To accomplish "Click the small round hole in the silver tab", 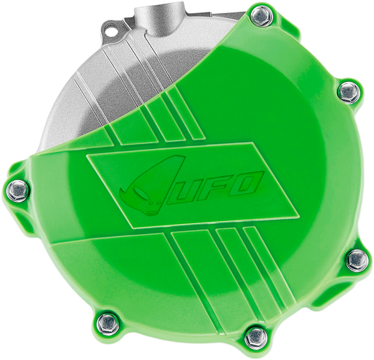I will [x=112, y=27].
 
